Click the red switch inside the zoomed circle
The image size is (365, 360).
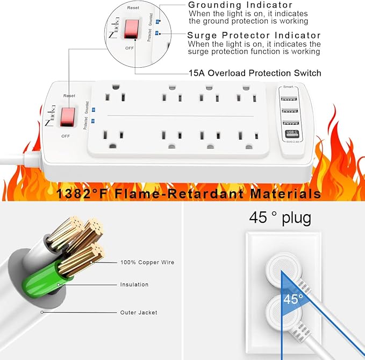pyautogui.click(x=132, y=29)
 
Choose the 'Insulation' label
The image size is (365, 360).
pyautogui.click(x=134, y=284)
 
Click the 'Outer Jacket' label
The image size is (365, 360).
pyautogui.click(x=139, y=312)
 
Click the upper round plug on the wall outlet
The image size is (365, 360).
pyautogui.click(x=282, y=267)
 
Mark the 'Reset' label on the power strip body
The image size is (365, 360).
pyautogui.click(x=69, y=95)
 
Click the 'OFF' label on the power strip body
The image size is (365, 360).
pyautogui.click(x=66, y=136)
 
